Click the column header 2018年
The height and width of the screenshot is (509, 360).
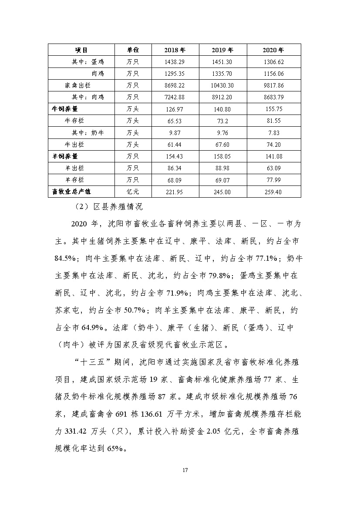(x=175, y=50)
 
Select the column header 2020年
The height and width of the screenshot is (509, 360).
(x=273, y=50)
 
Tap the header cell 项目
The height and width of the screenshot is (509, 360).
(x=81, y=50)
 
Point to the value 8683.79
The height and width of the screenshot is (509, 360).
(x=273, y=97)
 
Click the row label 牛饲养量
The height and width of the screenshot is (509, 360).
(x=65, y=109)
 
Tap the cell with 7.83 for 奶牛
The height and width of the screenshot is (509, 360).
(x=273, y=132)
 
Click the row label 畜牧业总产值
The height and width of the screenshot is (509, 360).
(x=71, y=191)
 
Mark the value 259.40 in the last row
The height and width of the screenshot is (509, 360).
(x=273, y=191)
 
